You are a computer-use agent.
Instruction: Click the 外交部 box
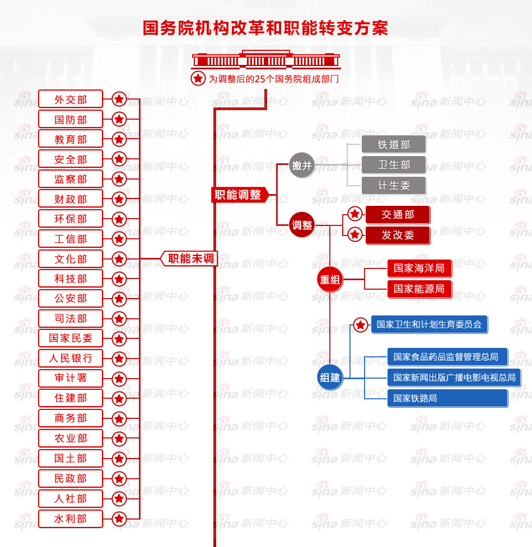click(x=70, y=99)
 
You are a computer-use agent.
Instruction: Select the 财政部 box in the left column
click(x=70, y=199)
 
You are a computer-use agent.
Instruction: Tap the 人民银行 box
click(x=70, y=358)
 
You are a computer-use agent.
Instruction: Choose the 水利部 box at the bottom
click(x=70, y=518)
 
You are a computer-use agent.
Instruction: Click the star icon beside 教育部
click(x=119, y=139)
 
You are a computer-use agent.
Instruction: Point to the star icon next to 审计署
click(x=119, y=379)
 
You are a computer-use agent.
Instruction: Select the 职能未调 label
click(x=189, y=258)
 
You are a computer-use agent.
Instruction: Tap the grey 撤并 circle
click(x=302, y=165)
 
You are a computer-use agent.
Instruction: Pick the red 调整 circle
click(x=302, y=225)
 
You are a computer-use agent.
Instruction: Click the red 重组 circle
click(x=330, y=280)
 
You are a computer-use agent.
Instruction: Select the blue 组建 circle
click(x=330, y=378)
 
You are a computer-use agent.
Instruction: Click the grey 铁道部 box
click(x=394, y=144)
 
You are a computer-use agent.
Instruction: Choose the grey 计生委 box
click(x=394, y=185)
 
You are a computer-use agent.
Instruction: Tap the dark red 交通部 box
click(x=398, y=215)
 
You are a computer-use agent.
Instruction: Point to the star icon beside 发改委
click(x=355, y=234)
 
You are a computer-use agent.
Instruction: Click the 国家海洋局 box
click(x=419, y=268)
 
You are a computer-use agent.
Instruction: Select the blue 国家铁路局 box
click(x=447, y=398)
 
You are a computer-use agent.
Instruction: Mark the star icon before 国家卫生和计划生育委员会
click(x=361, y=325)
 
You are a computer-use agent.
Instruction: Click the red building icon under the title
click(x=266, y=59)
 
